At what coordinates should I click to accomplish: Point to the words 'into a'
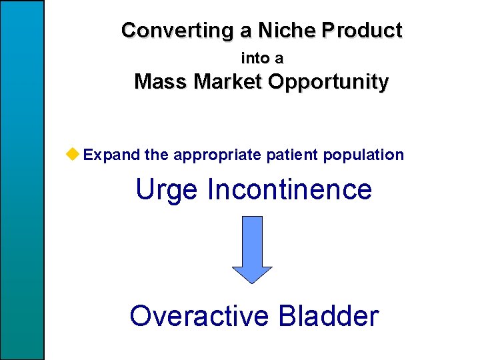coord(262,59)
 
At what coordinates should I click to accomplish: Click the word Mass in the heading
coord(161,82)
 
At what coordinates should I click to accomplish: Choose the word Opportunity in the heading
coord(329,83)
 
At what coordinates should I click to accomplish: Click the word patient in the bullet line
coord(293,155)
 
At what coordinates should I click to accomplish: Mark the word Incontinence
coord(290,189)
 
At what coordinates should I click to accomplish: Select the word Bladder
coord(329,315)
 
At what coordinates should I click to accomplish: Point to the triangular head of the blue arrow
coord(252,274)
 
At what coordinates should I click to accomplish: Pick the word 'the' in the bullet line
coord(157,155)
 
